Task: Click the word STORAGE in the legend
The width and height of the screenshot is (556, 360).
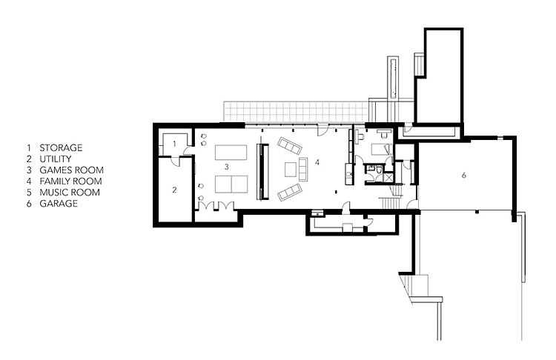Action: pos(61,147)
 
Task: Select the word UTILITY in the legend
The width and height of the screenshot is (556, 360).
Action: pos(56,159)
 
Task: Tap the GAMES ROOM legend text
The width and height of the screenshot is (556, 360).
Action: pos(71,170)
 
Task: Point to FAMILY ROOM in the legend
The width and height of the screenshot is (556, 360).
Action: pos(70,181)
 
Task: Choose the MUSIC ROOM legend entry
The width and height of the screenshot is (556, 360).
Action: pos(70,193)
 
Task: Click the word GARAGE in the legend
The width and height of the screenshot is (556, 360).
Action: pos(59,204)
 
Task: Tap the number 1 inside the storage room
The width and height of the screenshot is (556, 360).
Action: pos(174,144)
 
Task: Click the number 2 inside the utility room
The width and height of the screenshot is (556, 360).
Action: pos(174,190)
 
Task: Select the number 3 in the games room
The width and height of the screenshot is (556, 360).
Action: pos(226,167)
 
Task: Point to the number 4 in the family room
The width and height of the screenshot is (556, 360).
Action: pos(317,162)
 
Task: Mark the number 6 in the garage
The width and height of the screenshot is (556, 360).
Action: pos(463,175)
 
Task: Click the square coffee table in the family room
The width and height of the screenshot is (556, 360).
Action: pos(291,170)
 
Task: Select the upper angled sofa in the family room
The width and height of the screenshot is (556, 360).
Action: pos(290,146)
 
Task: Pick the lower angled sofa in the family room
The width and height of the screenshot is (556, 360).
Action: pos(290,192)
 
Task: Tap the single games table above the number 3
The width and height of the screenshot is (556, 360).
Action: pos(231,153)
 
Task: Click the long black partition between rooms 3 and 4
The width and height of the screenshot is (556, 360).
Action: pos(262,172)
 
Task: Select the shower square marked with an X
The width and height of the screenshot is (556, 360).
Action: pos(388,177)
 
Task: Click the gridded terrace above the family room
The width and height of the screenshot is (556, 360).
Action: pos(296,112)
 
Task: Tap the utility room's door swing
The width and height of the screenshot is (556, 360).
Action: pos(175,161)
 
